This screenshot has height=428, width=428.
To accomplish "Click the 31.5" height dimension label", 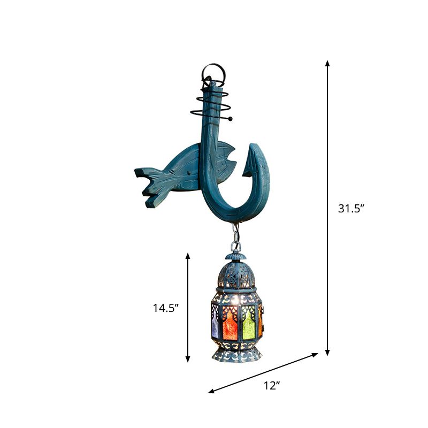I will point(351,209).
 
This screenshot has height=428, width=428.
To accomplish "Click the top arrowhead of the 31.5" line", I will point(327,63).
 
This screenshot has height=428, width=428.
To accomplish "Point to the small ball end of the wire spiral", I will point(231,118).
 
